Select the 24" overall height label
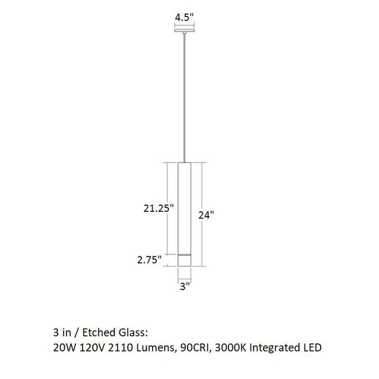(x=207, y=215)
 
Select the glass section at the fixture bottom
(x=184, y=260)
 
